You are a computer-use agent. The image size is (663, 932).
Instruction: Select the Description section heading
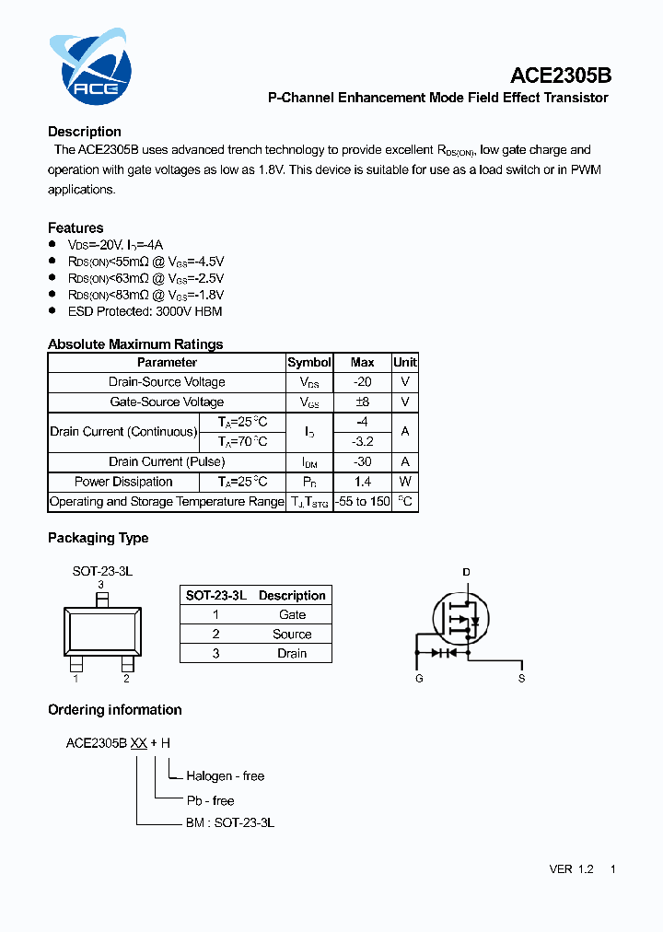click(85, 132)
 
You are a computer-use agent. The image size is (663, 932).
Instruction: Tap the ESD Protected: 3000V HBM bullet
click(145, 311)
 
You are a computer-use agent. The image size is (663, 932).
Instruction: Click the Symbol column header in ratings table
click(309, 363)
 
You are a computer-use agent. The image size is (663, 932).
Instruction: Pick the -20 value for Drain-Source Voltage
click(362, 382)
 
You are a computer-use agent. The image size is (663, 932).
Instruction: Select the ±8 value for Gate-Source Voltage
click(362, 402)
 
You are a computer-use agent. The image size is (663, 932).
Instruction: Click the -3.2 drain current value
click(362, 442)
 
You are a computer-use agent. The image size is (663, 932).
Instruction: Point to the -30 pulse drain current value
click(362, 462)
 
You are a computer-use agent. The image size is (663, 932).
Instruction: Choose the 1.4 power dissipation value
click(362, 483)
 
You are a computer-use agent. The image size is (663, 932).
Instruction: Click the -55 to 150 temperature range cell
click(362, 502)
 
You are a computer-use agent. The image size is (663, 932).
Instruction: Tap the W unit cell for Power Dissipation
click(405, 483)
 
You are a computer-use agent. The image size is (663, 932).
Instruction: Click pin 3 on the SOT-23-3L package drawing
click(102, 599)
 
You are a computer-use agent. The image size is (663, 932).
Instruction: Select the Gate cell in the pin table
click(292, 615)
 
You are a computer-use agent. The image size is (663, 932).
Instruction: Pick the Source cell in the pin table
click(292, 635)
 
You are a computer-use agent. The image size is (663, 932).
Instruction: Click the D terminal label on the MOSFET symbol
click(466, 573)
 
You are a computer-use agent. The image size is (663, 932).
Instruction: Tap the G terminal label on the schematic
click(419, 679)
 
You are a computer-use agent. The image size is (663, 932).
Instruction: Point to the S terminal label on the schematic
click(521, 679)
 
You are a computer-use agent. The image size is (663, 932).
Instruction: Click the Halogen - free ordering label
click(225, 776)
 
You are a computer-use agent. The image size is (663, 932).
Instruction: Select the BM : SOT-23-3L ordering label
click(230, 822)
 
